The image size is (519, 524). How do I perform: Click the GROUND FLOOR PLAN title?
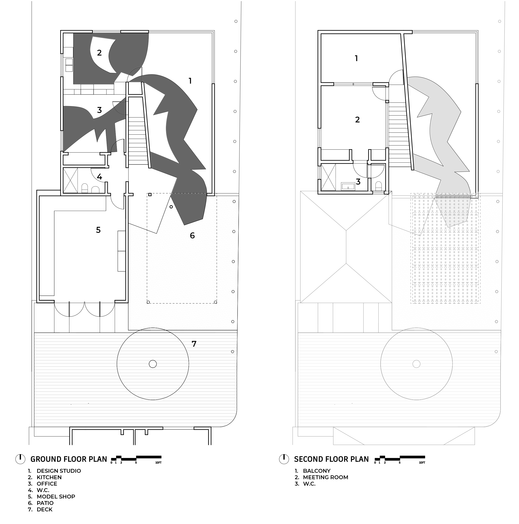[69, 459]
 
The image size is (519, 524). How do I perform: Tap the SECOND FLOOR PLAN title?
[331, 459]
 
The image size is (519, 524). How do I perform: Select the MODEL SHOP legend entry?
[56, 497]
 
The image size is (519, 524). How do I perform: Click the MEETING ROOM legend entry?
[326, 477]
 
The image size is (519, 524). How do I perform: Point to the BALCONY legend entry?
[317, 471]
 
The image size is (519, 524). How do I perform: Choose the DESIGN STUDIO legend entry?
[59, 471]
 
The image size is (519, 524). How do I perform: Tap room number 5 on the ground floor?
[98, 230]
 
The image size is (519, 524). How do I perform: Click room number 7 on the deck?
[194, 344]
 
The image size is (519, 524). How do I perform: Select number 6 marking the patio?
[192, 235]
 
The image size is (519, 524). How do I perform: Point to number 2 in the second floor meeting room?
[357, 120]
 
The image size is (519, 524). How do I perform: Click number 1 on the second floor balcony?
[356, 58]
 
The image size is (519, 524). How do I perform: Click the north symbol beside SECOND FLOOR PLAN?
[284, 459]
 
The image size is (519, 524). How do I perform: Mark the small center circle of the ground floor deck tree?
[153, 364]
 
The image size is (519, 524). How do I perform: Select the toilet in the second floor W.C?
[378, 186]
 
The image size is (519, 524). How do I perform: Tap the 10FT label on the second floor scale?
[422, 463]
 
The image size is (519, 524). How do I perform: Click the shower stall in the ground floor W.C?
[70, 180]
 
